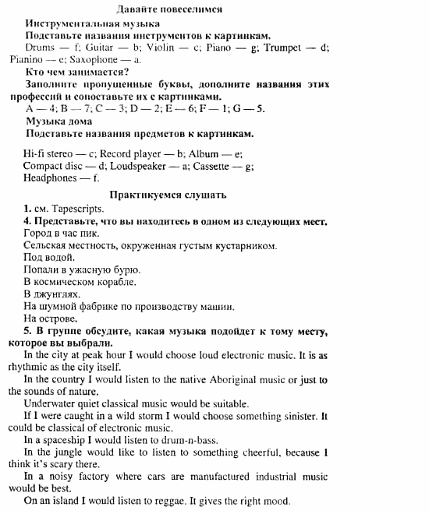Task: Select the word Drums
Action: click(40, 48)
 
